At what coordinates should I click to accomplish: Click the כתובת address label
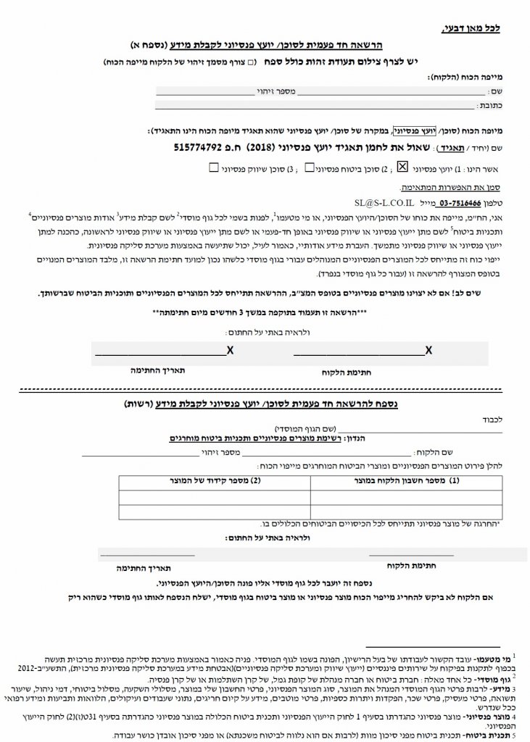point(498,106)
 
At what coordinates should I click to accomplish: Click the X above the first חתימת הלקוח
point(428,350)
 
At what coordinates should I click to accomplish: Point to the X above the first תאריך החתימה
point(230,350)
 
